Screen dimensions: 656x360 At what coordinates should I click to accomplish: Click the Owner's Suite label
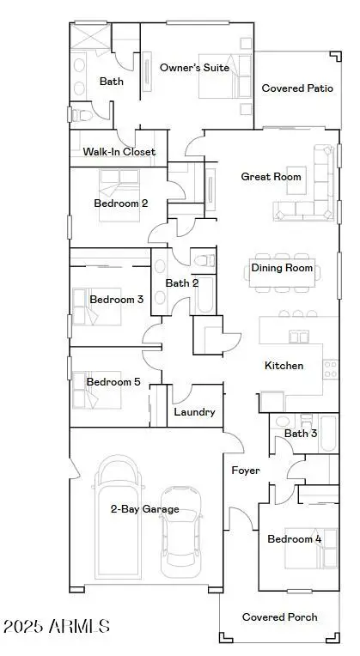[194, 67]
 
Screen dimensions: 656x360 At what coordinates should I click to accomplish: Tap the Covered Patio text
[297, 88]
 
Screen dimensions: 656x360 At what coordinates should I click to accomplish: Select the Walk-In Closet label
[119, 152]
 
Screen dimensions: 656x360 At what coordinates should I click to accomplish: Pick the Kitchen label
[284, 366]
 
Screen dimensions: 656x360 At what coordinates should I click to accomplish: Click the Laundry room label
[194, 412]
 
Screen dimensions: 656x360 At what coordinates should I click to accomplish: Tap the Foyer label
[245, 471]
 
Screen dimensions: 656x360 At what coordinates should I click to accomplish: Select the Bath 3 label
[301, 434]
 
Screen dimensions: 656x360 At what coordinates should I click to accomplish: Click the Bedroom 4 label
[295, 538]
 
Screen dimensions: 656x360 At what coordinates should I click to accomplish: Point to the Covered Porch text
[279, 617]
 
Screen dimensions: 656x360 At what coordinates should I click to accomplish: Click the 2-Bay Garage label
[144, 509]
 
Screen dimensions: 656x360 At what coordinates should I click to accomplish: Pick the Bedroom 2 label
[121, 203]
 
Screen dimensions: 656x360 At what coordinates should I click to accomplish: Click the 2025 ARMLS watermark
[56, 626]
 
